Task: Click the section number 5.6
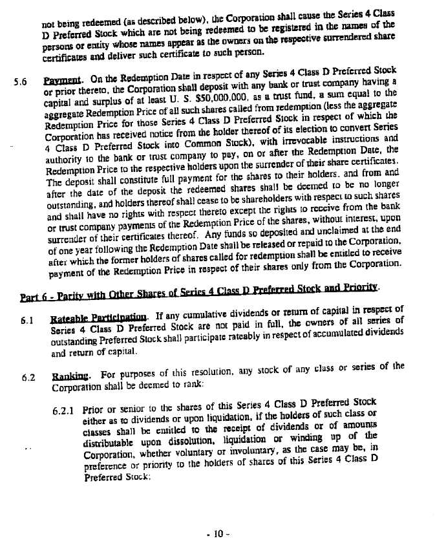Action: (x=21, y=82)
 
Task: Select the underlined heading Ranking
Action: (x=70, y=376)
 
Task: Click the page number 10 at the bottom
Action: (x=218, y=534)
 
